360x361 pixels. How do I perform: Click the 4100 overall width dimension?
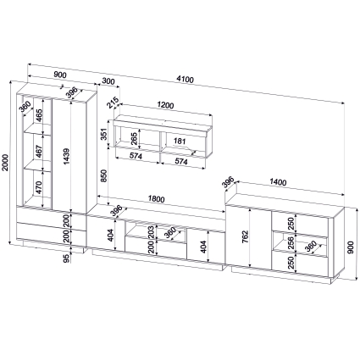coord(185,80)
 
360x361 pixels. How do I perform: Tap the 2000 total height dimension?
coord(5,162)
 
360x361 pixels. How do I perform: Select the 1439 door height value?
coord(67,156)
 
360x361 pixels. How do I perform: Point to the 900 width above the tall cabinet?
coord(60,75)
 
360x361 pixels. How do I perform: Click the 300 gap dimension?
coord(108,81)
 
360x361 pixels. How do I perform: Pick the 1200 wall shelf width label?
coord(165,105)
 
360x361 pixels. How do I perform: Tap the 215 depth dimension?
coord(112,103)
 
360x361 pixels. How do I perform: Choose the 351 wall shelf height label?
coord(103,134)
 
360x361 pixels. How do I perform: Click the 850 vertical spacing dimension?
coord(104,175)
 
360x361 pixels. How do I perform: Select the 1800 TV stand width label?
coord(156,199)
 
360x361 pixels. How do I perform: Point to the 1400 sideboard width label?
coord(278,182)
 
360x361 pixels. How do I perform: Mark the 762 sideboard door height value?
coord(245,236)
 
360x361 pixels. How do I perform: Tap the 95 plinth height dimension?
coord(66,258)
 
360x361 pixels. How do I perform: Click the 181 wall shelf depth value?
coord(180,141)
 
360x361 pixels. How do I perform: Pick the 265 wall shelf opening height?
coord(134,137)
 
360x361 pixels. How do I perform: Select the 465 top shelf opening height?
coord(39,115)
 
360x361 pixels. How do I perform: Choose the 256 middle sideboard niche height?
coord(291,242)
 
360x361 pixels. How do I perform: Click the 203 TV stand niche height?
coord(152,231)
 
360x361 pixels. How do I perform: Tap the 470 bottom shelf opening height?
coord(39,187)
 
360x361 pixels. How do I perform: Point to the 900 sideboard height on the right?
coord(351,247)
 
